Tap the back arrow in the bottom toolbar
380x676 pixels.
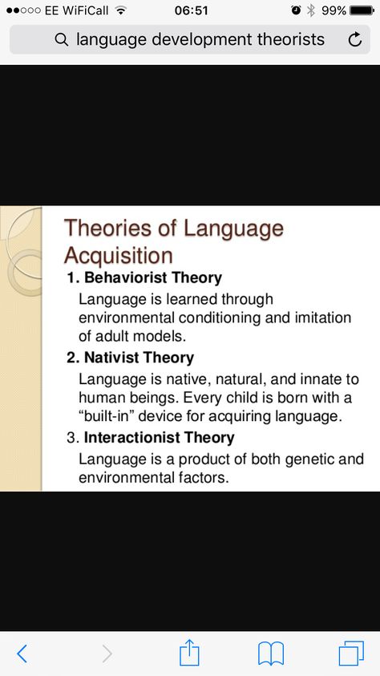tap(22, 654)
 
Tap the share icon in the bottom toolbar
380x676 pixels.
tap(189, 653)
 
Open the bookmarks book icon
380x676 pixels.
tap(271, 654)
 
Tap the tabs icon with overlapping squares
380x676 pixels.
tap(351, 654)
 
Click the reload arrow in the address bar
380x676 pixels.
tap(354, 40)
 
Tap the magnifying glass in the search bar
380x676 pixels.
tap(62, 39)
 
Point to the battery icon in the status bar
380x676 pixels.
tap(362, 10)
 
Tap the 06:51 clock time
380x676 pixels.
tap(192, 10)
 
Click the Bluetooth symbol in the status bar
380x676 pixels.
tap(311, 10)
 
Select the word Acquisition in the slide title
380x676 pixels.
tap(118, 256)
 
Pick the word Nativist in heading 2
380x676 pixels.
tap(111, 358)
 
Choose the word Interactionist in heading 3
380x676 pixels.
tap(131, 438)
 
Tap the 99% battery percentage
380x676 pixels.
tap(334, 10)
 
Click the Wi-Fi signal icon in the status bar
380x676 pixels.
tap(121, 10)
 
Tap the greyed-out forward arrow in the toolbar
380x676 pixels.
tap(107, 654)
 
